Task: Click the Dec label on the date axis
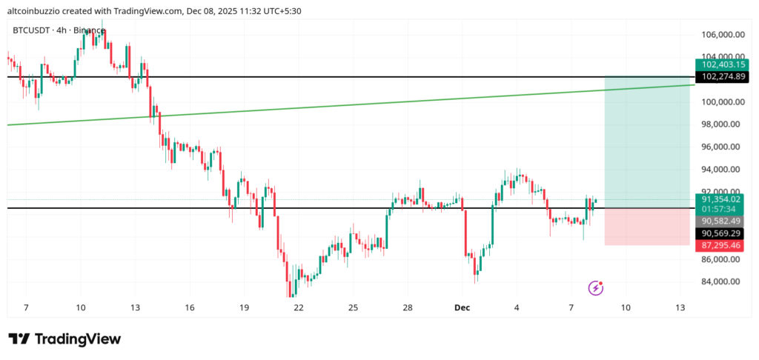click(x=463, y=307)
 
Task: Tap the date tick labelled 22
click(x=298, y=307)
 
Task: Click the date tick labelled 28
click(x=408, y=307)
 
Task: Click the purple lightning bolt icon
click(x=596, y=287)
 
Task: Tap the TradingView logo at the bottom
click(x=64, y=339)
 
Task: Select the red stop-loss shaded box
click(x=647, y=226)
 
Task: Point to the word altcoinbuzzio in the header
click(x=34, y=10)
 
